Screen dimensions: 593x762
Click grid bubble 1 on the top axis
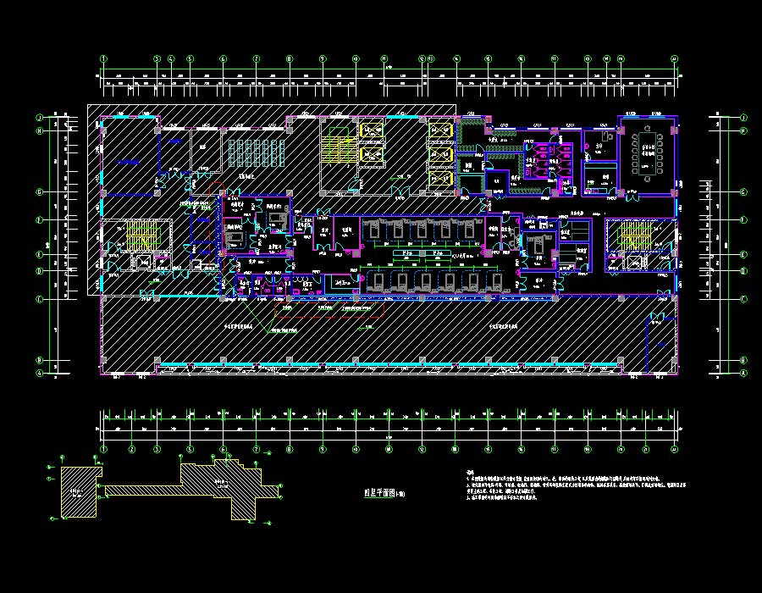click(x=104, y=59)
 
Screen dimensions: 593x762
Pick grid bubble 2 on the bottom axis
click(x=132, y=449)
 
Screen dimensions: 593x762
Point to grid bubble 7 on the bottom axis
click(x=257, y=449)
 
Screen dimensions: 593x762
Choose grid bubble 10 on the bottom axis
click(x=356, y=449)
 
